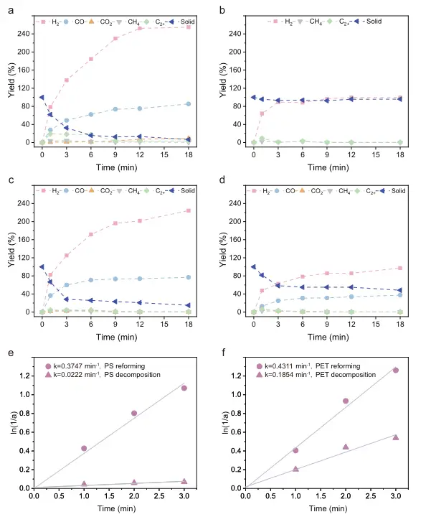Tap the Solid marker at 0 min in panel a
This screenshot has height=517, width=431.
pos(42,97)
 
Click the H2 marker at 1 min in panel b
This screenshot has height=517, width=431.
pos(262,113)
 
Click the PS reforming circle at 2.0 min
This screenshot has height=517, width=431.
pos(134,413)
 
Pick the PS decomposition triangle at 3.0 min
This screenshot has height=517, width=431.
pos(184,481)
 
